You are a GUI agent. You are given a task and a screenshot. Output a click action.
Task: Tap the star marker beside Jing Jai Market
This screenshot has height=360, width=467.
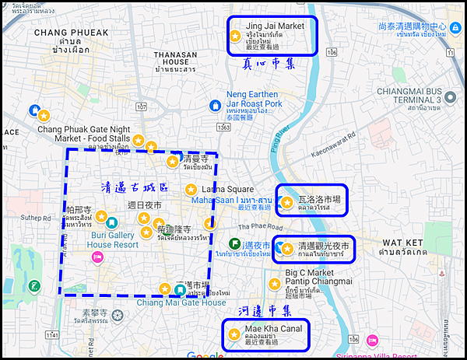pos(235,36)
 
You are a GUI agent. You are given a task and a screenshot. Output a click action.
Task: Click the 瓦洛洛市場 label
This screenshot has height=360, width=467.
pos(318,200)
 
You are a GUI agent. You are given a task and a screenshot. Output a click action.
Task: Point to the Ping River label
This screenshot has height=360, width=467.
pos(285,138)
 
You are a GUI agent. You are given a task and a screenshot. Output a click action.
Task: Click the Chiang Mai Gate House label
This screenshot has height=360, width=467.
pos(171,302)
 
